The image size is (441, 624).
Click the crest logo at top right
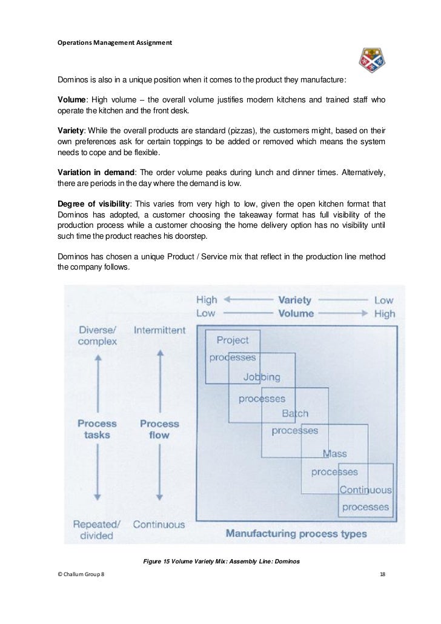pos(372,60)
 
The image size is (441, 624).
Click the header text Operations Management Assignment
pos(114,43)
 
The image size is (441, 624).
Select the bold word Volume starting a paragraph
pos(72,99)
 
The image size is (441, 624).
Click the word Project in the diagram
pos(233,340)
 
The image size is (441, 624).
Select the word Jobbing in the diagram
pos(262,377)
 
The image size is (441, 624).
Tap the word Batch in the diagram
pos(295,414)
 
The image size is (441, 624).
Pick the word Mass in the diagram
pos(334,453)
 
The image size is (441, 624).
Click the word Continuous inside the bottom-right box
pos(365,490)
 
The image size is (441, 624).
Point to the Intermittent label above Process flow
pos(160,330)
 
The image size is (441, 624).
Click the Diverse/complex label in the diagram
pos(97,336)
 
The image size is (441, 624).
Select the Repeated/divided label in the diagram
pos(97,529)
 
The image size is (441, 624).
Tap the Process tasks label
pos(97,429)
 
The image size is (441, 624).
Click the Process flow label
pos(159,429)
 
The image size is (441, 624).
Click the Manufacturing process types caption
pos(296,534)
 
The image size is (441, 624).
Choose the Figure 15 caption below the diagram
pos(221,562)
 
